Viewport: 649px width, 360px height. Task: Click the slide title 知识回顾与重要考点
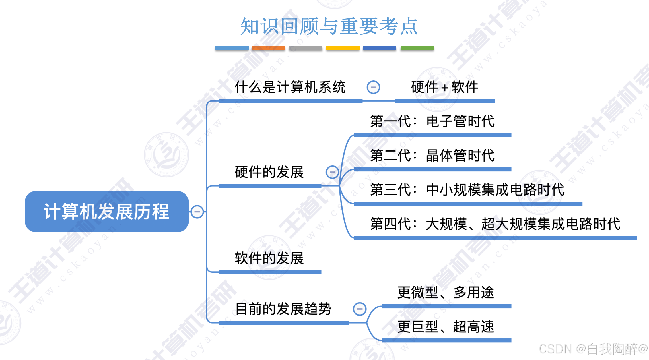pyautogui.click(x=329, y=26)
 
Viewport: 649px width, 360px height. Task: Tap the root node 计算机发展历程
pyautogui.click(x=106, y=212)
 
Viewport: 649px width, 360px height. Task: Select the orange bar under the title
pyautogui.click(x=268, y=48)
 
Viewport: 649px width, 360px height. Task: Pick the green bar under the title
pyautogui.click(x=417, y=48)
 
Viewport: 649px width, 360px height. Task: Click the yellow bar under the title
pyautogui.click(x=343, y=48)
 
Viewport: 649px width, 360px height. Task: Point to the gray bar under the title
pyautogui.click(x=306, y=48)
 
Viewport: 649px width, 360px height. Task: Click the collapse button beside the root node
pyautogui.click(x=197, y=212)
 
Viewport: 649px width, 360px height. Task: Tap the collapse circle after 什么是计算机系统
pyautogui.click(x=373, y=87)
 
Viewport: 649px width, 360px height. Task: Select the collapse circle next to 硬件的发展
pyautogui.click(x=332, y=172)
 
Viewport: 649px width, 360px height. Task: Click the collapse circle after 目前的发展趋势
pyautogui.click(x=360, y=309)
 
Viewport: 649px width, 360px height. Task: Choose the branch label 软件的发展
pyautogui.click(x=269, y=258)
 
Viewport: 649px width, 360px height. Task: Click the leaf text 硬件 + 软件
pyautogui.click(x=444, y=87)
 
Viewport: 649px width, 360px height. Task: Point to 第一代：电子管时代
pyautogui.click(x=432, y=121)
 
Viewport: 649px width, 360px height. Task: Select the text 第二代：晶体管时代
pyautogui.click(x=432, y=155)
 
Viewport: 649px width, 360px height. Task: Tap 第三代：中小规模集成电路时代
pyautogui.click(x=467, y=190)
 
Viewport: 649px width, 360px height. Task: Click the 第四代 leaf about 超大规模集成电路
pyautogui.click(x=495, y=224)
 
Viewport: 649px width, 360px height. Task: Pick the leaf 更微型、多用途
pyautogui.click(x=446, y=293)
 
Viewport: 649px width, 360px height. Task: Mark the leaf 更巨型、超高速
pyautogui.click(x=446, y=327)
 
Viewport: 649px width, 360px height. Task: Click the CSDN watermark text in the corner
pyautogui.click(x=593, y=349)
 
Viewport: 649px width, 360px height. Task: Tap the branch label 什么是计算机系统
pyautogui.click(x=290, y=87)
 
